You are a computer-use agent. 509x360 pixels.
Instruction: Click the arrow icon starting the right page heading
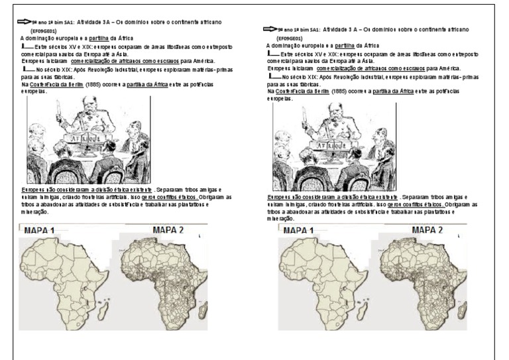[x=269, y=30]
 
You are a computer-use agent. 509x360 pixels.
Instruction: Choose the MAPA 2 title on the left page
[x=168, y=231]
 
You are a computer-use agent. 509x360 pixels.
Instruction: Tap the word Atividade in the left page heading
[x=91, y=23]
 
